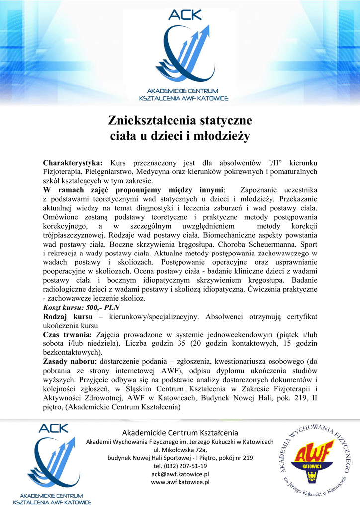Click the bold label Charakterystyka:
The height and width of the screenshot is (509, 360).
[x=73, y=163]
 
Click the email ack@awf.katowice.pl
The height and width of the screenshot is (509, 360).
[x=180, y=474]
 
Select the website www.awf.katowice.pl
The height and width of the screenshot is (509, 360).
[x=180, y=482]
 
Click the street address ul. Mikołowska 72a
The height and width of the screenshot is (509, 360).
[x=180, y=450]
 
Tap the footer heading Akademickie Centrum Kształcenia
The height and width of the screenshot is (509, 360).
[x=180, y=433]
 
